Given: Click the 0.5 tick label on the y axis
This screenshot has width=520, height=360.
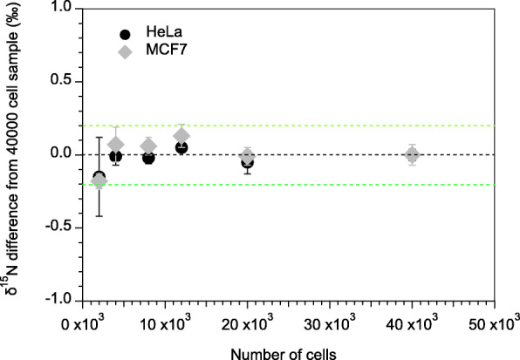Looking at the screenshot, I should pyautogui.click(x=60, y=81).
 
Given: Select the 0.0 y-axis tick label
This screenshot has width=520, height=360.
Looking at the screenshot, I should pyautogui.click(x=60, y=154).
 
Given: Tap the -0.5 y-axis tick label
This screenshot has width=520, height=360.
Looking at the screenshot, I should pyautogui.click(x=58, y=228).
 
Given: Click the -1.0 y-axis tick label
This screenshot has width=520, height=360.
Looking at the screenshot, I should pyautogui.click(x=58, y=300).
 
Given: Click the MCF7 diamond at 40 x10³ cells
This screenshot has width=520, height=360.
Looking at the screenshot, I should pyautogui.click(x=413, y=155).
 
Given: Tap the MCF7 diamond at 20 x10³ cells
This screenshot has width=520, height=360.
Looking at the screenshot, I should pyautogui.click(x=248, y=156).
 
